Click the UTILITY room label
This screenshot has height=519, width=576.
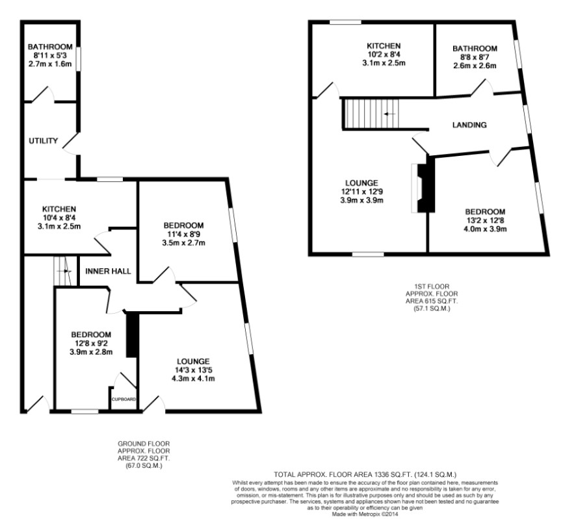[x=44, y=140]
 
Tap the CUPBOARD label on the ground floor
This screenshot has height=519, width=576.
[x=124, y=399]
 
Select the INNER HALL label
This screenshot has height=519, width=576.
[x=108, y=272]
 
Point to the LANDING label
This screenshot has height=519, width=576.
[x=469, y=125]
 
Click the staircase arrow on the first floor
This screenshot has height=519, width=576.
[x=389, y=114]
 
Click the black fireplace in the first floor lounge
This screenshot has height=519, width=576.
[x=426, y=184]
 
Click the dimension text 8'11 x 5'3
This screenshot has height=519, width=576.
[x=50, y=55]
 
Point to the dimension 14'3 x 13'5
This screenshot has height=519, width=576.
[x=193, y=370]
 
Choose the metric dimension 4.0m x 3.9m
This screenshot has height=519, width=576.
[x=485, y=229]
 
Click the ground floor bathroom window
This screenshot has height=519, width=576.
[x=79, y=58]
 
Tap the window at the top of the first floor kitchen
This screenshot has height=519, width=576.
[x=345, y=22]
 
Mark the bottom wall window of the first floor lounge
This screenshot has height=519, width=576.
[x=368, y=254]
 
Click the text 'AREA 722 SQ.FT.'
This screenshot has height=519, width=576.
[x=144, y=459]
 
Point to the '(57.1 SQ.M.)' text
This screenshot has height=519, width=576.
[x=432, y=309]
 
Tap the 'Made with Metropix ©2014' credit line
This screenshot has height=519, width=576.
[x=365, y=514]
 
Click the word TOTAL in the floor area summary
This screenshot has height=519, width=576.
[x=283, y=475]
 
